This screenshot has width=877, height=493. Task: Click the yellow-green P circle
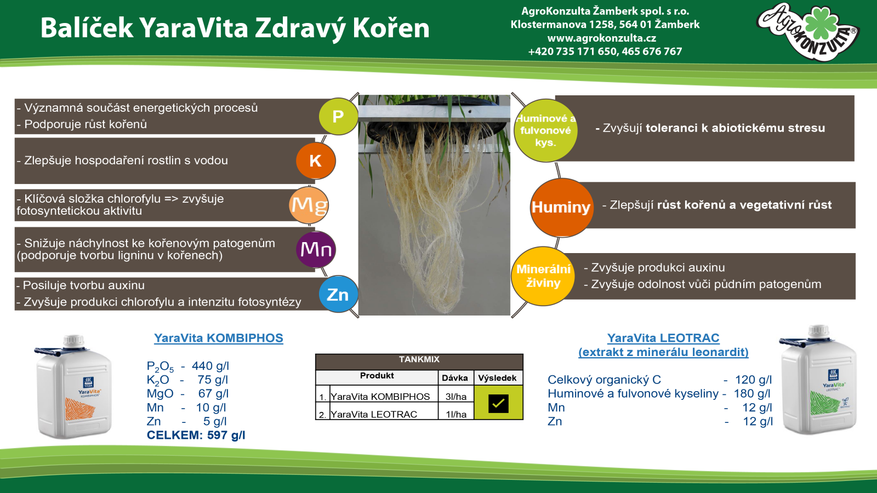338,116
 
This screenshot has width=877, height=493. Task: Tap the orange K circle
316,161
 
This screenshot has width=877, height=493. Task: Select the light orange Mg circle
309,205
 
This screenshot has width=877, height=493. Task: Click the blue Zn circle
338,294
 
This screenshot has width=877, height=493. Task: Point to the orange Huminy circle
561,208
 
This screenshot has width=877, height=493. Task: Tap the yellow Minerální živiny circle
543,276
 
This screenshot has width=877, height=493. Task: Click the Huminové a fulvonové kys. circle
545,130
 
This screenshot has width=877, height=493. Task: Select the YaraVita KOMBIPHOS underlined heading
219,338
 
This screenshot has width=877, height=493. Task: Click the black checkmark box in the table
498,403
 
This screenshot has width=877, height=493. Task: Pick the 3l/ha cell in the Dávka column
456,397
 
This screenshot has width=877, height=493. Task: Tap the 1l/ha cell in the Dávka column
456,414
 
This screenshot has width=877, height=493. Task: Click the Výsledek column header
497,378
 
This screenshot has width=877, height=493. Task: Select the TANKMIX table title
419,359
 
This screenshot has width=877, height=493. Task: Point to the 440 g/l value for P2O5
210,366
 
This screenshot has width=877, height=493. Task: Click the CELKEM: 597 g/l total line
196,435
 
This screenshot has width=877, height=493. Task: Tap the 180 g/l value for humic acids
751,394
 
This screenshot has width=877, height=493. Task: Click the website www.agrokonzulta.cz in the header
602,38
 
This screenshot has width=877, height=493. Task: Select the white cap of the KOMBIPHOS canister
73,341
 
